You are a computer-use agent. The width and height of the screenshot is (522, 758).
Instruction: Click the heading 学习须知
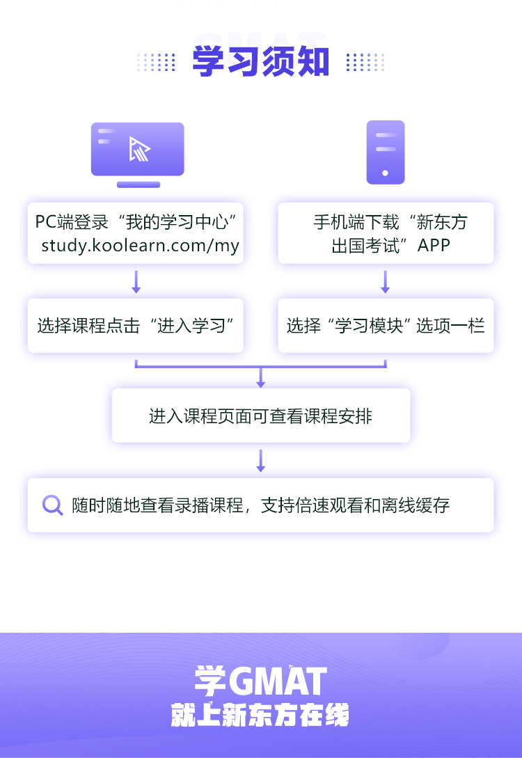(260, 62)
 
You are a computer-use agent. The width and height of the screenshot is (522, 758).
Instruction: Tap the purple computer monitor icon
(138, 153)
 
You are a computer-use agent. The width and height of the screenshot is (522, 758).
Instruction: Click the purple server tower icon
(386, 152)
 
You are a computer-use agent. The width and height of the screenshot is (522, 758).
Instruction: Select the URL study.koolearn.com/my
(140, 245)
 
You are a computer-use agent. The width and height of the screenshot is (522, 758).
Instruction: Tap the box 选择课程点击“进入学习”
(136, 325)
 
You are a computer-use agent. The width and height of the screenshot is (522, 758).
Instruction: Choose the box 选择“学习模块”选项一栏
(386, 325)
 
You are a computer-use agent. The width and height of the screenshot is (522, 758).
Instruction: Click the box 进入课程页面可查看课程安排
(261, 416)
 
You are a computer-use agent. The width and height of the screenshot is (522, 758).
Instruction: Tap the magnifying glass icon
(52, 505)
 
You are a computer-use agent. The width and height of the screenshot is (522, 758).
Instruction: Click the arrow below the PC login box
(136, 281)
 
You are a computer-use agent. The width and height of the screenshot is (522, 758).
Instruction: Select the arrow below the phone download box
(386, 281)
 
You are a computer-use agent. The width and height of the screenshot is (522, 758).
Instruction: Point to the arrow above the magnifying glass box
(261, 460)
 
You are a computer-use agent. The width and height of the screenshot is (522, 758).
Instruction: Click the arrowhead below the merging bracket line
(261, 380)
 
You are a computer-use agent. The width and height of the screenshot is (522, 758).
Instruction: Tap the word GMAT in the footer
(277, 682)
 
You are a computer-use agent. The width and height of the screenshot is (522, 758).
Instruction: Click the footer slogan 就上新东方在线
(260, 716)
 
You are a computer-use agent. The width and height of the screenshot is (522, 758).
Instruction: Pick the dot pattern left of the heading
(157, 62)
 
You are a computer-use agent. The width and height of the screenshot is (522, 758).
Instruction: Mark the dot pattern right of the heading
(365, 62)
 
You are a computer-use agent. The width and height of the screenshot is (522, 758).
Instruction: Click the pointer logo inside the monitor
(139, 149)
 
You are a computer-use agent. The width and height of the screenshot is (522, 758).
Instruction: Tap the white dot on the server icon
(386, 173)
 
